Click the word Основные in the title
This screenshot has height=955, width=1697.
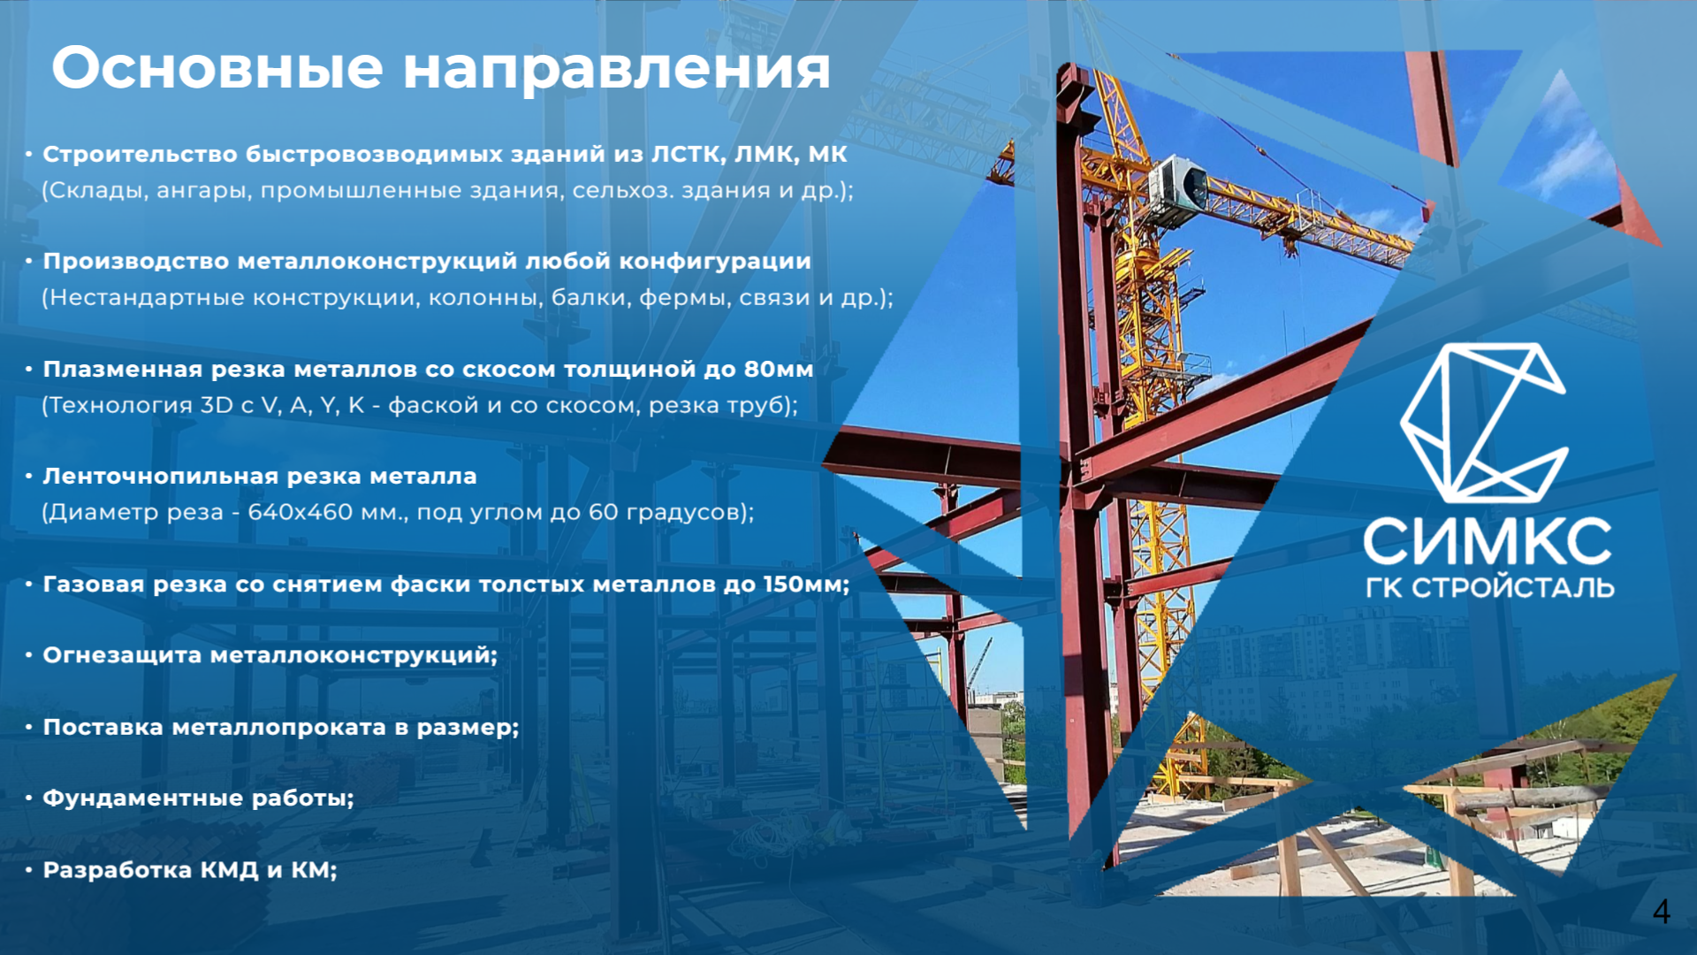coord(217,68)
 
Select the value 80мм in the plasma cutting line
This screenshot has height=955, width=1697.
coord(778,369)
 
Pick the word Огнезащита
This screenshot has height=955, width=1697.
coord(122,655)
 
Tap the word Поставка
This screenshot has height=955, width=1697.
coord(103,727)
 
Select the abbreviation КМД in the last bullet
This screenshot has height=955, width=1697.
coord(230,870)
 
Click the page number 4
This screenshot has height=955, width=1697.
coord(1662,912)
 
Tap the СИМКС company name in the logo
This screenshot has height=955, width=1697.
coord(1488,541)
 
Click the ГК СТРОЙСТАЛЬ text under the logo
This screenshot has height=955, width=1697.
coord(1489,588)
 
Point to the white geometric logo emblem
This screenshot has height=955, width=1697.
coord(1484,423)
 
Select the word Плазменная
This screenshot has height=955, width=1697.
coord(123,369)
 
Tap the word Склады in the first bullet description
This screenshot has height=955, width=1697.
coord(97,191)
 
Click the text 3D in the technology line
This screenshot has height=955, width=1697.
coord(217,405)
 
